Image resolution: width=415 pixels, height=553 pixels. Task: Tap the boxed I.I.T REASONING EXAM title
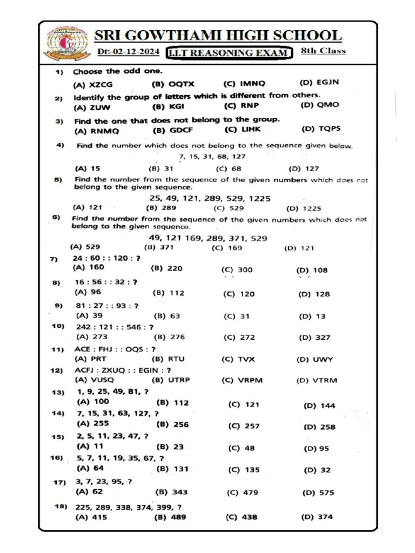click(x=229, y=53)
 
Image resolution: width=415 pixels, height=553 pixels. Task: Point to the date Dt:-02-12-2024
click(x=128, y=52)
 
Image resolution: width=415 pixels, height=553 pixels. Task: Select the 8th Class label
click(x=323, y=51)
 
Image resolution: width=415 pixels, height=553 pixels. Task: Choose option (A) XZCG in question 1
click(x=91, y=85)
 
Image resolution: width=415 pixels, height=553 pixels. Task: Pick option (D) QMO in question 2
click(x=320, y=105)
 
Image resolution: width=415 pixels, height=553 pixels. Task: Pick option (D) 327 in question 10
click(x=314, y=338)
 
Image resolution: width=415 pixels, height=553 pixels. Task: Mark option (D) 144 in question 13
click(x=319, y=406)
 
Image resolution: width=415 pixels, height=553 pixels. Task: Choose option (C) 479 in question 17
click(x=243, y=493)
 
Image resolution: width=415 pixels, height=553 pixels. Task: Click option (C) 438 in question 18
click(x=241, y=517)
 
